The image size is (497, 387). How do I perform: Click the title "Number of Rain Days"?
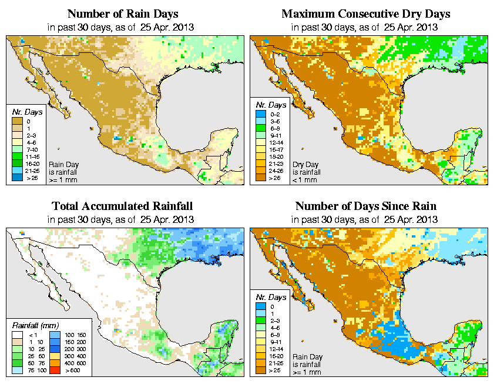click(123, 14)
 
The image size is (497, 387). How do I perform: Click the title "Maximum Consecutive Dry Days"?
click(366, 14)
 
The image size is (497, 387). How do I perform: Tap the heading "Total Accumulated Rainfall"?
click(123, 206)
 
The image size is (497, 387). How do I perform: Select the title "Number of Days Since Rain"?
click(366, 206)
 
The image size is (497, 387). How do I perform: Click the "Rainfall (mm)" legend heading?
click(35, 324)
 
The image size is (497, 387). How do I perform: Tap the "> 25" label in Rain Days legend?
click(32, 177)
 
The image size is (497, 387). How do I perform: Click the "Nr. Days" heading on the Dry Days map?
click(273, 105)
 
